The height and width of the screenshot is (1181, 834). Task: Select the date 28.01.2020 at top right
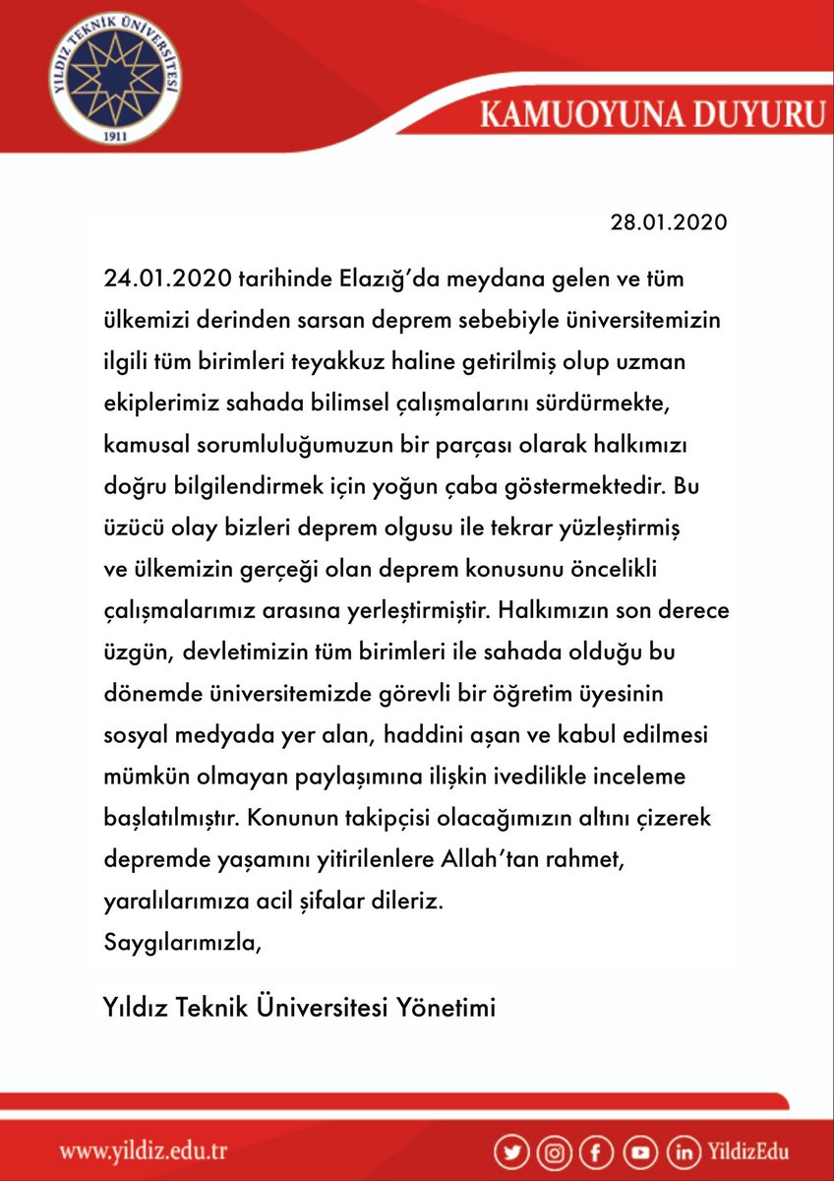click(669, 221)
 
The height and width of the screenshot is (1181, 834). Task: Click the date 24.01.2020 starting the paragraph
click(166, 280)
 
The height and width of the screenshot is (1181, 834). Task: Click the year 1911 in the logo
click(117, 136)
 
